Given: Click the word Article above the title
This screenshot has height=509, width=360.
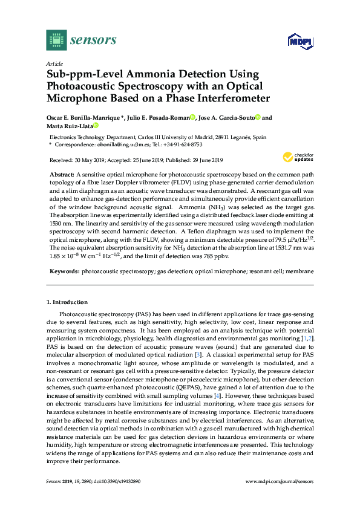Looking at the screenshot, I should pos(54,63).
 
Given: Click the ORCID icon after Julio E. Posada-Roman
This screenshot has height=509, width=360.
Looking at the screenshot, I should pos(192,118).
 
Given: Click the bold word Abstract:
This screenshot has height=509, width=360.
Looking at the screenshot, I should pos(62,173).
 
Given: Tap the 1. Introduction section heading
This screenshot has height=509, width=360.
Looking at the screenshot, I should pos(67,301).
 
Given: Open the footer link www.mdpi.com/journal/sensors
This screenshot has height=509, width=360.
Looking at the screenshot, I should pos(280,481).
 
